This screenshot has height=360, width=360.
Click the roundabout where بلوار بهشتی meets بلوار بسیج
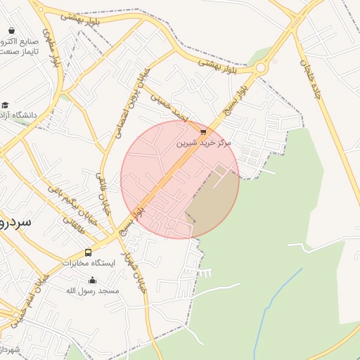click(262, 68)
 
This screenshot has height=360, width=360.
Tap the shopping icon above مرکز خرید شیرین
click(203, 131)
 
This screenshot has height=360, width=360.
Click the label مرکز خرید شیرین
click(203, 143)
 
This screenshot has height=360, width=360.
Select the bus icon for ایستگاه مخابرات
click(88, 252)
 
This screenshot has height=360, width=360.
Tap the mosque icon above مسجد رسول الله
click(92, 280)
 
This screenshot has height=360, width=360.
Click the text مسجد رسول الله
click(93, 290)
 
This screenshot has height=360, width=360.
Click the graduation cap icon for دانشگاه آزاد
click(5, 105)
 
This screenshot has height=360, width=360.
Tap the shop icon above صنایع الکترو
click(12, 30)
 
